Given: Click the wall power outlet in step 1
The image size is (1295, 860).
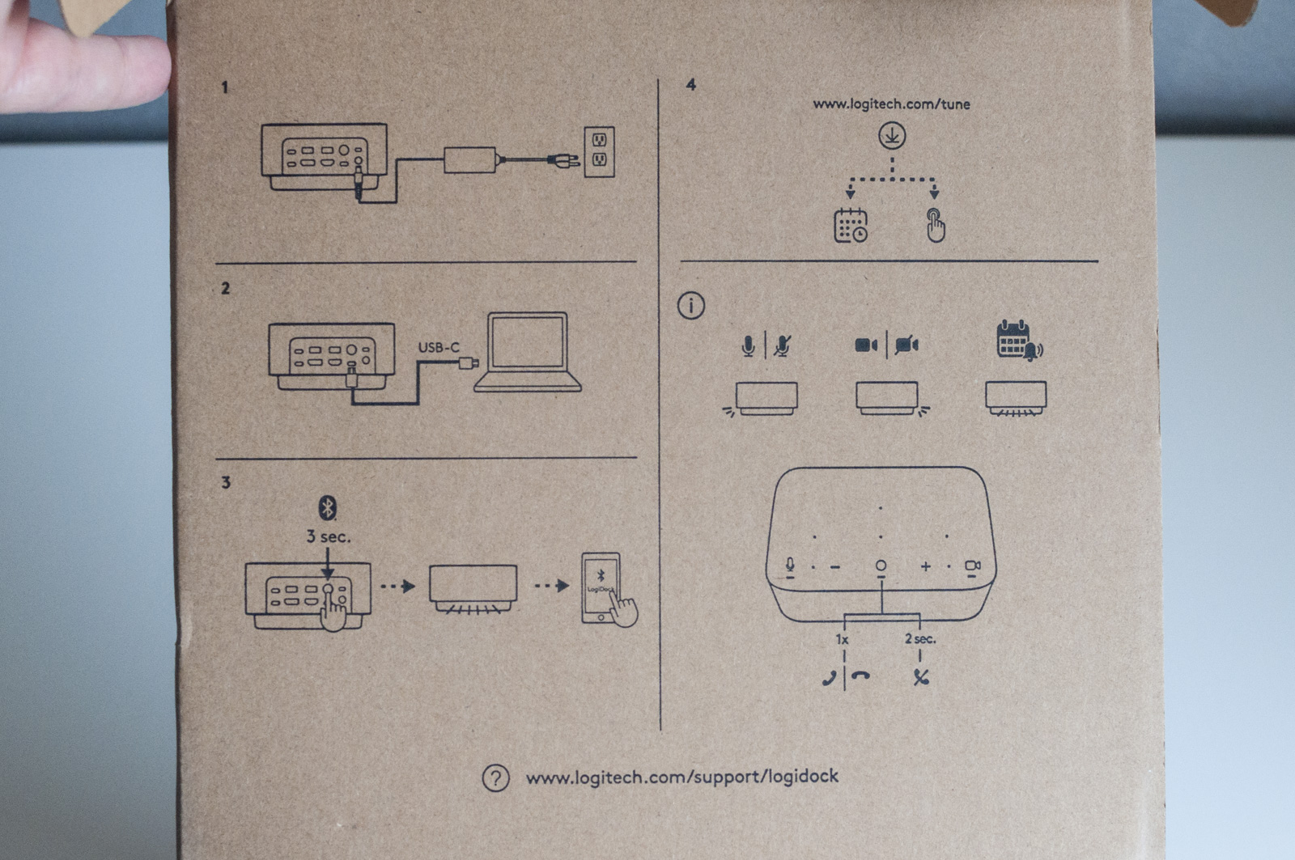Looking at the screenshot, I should click(599, 151).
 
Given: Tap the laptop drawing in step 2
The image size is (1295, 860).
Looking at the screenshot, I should click(528, 352).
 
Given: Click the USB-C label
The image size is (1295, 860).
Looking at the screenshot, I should click(439, 347).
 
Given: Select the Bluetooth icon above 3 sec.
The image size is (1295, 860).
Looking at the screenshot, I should click(327, 508).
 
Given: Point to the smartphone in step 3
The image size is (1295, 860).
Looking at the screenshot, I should click(601, 587).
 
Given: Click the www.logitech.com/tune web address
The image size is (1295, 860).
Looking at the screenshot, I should click(891, 104).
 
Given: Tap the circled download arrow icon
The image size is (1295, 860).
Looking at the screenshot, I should click(892, 135).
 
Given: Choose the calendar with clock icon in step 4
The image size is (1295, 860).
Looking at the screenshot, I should click(851, 226).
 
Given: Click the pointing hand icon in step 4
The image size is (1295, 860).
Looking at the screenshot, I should click(936, 226).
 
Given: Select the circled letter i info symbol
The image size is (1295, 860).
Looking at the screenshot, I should click(690, 306).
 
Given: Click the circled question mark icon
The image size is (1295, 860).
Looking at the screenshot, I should click(495, 778).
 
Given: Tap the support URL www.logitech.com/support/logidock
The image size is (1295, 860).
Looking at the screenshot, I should click(682, 777).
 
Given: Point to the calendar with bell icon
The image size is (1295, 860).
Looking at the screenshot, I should click(1018, 341).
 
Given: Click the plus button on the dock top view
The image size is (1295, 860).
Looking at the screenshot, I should click(926, 567).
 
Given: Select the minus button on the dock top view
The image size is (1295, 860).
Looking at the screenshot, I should click(835, 567).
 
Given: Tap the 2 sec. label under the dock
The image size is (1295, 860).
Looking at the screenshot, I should click(920, 638).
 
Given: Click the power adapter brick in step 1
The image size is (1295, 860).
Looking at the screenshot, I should click(469, 159).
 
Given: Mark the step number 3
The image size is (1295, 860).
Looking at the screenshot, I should click(226, 482).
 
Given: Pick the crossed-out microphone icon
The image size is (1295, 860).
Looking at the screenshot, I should click(782, 345).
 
